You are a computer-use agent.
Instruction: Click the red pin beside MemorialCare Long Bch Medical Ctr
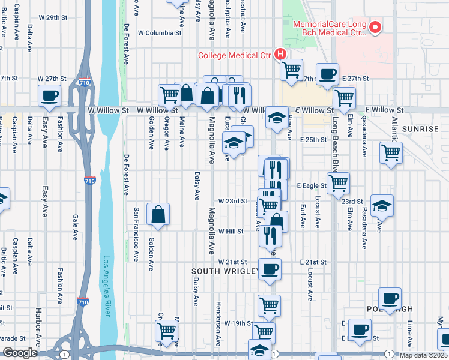point(376,26)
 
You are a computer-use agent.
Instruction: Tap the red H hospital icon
point(280,55)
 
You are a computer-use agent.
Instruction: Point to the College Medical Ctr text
point(235,56)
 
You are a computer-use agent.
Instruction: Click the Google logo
point(20,353)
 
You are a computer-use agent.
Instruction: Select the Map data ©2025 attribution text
point(423,355)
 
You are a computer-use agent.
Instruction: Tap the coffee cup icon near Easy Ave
point(49,95)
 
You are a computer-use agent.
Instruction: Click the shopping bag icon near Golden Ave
point(158,214)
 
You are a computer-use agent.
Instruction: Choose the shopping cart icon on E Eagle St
point(339,182)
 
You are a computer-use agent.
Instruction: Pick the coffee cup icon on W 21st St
point(269,269)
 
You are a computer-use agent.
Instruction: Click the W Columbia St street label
point(160,33)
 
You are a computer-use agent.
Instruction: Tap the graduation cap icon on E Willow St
point(277,117)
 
